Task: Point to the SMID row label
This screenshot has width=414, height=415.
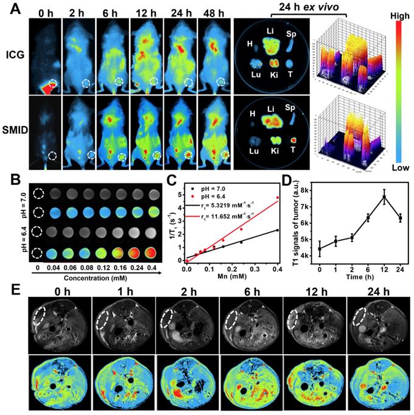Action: [x=14, y=130]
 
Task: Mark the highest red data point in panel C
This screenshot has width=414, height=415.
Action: [x=278, y=198]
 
